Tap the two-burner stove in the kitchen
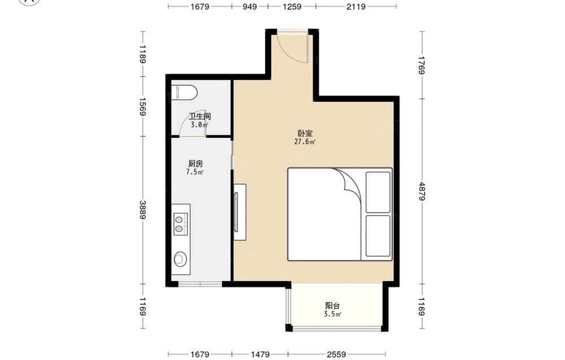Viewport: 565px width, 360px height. (181, 224)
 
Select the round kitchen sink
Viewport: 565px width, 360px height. (181, 258)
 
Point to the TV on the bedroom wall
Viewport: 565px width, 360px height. (236, 212)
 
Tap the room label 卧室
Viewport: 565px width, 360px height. (305, 133)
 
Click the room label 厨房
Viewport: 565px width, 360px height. (195, 163)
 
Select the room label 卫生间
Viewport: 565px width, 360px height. (199, 116)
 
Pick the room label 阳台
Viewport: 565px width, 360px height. (332, 306)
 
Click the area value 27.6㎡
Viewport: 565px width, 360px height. (305, 142)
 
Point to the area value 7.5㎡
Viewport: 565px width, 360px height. (195, 172)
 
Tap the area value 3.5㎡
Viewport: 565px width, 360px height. (332, 314)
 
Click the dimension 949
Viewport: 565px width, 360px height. (249, 6)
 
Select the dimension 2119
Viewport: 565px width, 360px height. (356, 6)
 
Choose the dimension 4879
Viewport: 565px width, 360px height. (422, 192)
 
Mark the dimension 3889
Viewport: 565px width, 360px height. (143, 210)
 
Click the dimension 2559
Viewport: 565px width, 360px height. (336, 354)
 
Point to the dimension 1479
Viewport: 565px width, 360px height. (260, 354)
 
